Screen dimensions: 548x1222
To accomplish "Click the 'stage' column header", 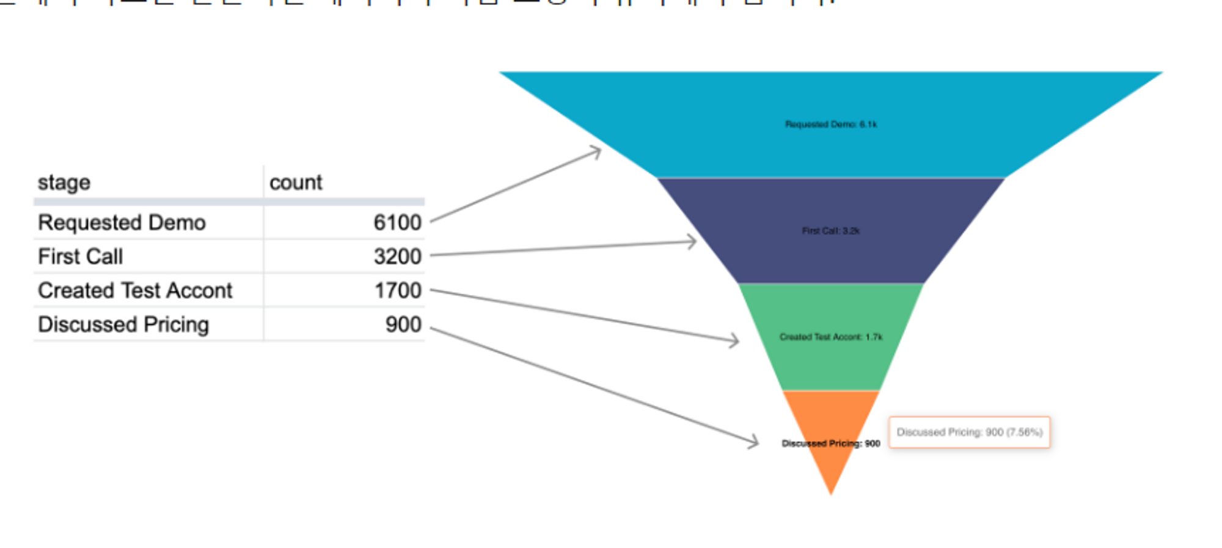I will tap(64, 183).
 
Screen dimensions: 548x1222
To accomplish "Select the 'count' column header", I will tap(296, 183).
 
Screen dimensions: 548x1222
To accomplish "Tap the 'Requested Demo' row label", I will tap(122, 223).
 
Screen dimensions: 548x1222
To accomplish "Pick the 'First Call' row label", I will tap(80, 257).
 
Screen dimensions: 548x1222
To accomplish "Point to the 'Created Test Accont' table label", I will tap(135, 291).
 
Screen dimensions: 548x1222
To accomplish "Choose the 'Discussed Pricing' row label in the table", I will tap(123, 324).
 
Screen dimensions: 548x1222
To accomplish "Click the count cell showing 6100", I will tap(397, 223).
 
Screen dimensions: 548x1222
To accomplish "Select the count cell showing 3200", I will tap(397, 257).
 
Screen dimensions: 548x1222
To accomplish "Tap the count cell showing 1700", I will tap(398, 291).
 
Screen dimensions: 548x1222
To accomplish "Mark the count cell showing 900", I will tap(403, 324).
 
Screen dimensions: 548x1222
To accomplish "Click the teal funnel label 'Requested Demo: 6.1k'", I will tap(830, 125).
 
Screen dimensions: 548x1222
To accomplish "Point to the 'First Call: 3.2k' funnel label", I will tap(830, 231).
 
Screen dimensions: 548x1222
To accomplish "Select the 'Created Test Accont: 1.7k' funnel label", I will tap(830, 337).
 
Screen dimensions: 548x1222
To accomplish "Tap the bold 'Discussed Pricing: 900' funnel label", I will tap(830, 444).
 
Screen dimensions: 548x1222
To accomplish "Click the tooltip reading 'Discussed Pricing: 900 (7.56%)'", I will tap(969, 433).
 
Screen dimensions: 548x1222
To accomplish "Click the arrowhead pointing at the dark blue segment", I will tap(693, 242).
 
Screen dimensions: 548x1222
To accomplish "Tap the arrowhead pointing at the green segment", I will tap(735, 340).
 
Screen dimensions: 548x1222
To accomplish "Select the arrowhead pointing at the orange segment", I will tap(755, 442).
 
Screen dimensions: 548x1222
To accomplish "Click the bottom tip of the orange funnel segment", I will tap(830, 492).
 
